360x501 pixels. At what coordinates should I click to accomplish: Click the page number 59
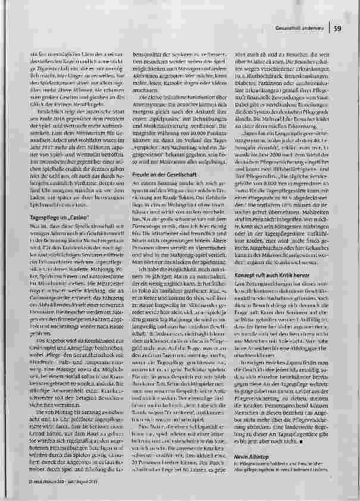337,28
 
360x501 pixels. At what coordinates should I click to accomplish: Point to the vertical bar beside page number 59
329,28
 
